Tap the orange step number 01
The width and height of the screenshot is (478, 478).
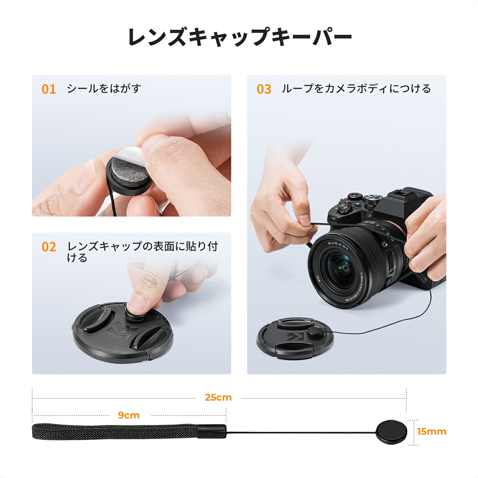coord(49,89)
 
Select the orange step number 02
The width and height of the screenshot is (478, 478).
coord(49,247)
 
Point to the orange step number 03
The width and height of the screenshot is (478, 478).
coord(264,89)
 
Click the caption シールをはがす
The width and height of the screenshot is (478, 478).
coord(104,89)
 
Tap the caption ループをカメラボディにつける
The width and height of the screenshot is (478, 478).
coord(356,89)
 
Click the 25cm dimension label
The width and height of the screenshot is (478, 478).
coord(218,397)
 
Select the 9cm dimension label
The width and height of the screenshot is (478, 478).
coord(129,415)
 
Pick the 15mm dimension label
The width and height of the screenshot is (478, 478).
coord(431,431)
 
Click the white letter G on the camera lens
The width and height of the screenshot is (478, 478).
coord(385,245)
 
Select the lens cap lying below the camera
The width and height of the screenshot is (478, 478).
coord(295,338)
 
